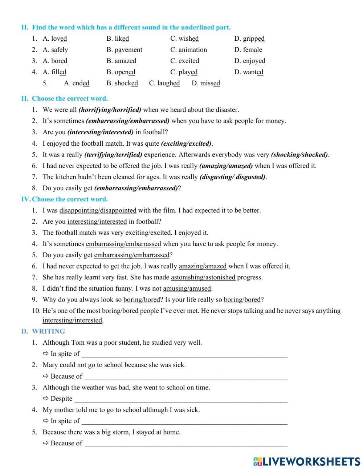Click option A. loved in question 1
pyautogui.click(x=55, y=39)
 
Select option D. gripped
pyautogui.click(x=249, y=39)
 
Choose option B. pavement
pyautogui.click(x=124, y=50)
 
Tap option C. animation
pyautogui.click(x=188, y=50)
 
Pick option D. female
pyautogui.click(x=248, y=50)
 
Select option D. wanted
pyautogui.click(x=249, y=72)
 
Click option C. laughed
pyautogui.click(x=164, y=83)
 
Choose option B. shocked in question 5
pyautogui.click(x=122, y=83)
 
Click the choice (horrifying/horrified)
pyautogui.click(x=110, y=110)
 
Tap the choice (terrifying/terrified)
pyautogui.click(x=113, y=154)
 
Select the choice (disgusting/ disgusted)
pyautogui.click(x=232, y=177)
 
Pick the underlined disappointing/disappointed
pyautogui.click(x=98, y=210)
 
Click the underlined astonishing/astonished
pyautogui.click(x=203, y=277)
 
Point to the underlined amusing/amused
pyautogui.click(x=187, y=288)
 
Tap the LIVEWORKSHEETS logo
pyautogui.click(x=307, y=461)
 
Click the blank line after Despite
pyautogui.click(x=180, y=399)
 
